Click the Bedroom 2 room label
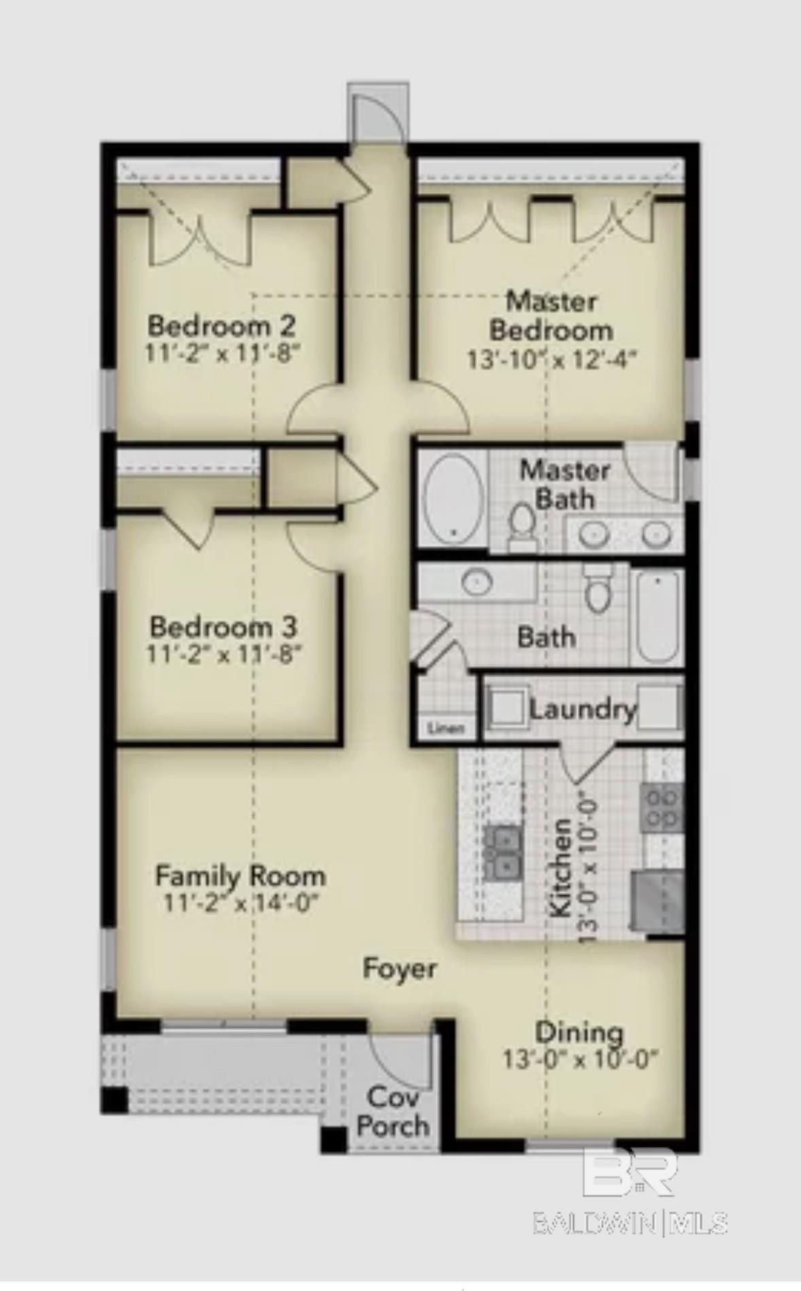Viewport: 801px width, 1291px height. [x=222, y=326]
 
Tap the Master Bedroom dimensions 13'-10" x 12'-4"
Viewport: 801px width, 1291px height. [x=551, y=360]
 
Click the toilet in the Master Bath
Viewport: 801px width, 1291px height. [x=523, y=526]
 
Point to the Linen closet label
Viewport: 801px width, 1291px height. [x=446, y=728]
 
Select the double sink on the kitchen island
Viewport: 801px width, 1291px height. [x=503, y=853]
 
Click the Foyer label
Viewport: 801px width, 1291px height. [x=399, y=968]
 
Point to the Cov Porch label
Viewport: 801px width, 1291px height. [x=393, y=1113]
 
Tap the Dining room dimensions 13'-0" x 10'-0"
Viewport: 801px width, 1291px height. [x=580, y=1059]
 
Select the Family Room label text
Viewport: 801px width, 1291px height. [x=240, y=876]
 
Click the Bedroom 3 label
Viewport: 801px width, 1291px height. [x=224, y=626]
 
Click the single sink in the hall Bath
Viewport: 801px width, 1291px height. [x=477, y=581]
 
